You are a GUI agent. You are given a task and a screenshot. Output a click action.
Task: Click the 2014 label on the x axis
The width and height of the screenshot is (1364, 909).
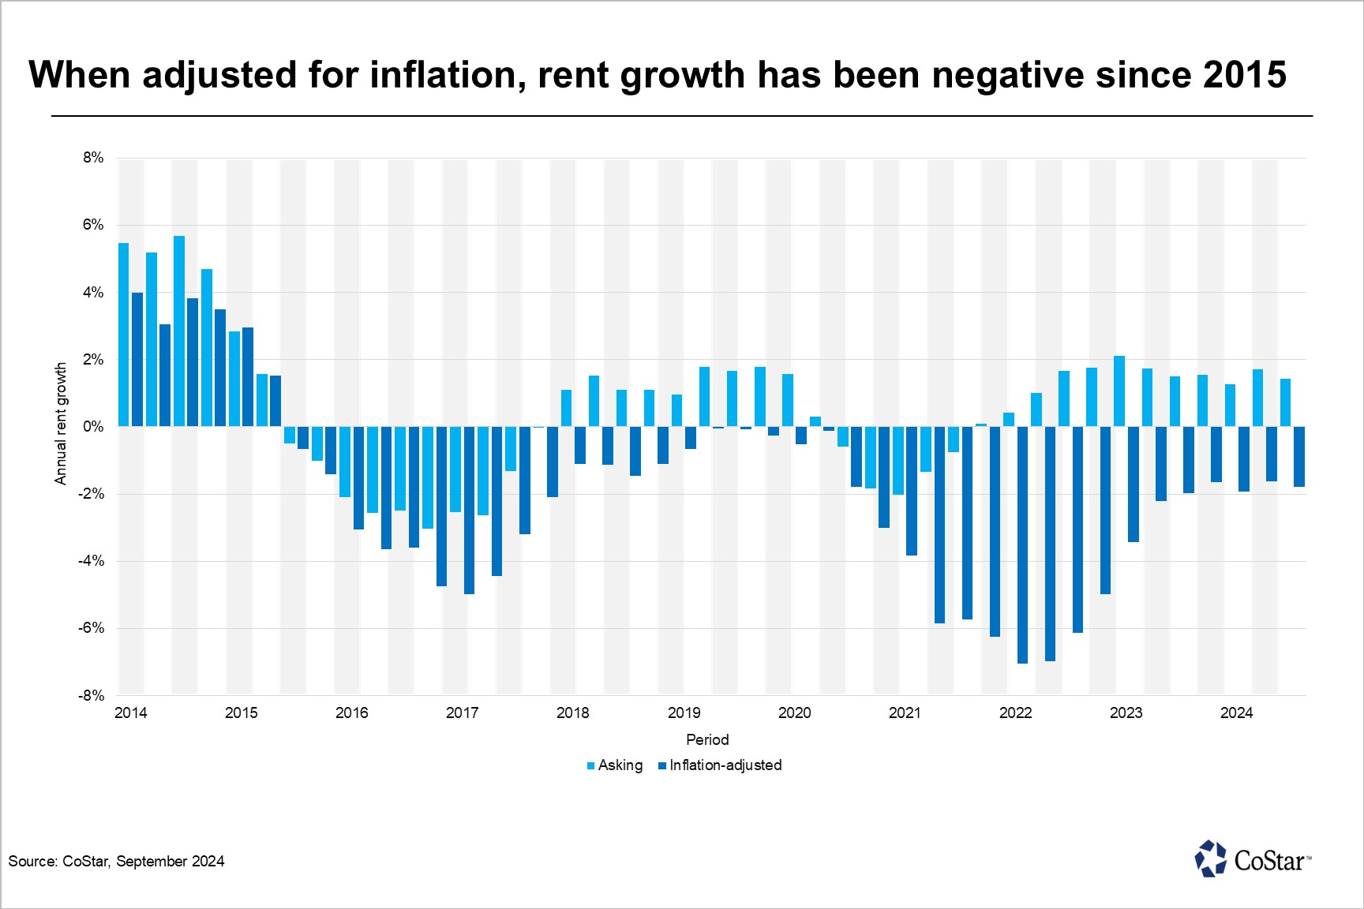point(131,713)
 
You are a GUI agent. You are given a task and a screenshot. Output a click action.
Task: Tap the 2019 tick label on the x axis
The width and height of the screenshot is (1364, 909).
point(684,713)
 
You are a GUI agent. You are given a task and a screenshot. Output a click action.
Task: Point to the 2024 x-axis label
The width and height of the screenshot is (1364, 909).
point(1236,713)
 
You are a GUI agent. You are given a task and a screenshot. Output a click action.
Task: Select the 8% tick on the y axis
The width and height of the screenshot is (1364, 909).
point(93,158)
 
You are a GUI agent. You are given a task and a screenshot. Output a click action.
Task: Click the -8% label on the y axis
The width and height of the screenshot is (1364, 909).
point(91,696)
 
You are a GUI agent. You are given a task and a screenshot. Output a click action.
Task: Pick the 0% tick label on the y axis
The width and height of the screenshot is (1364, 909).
point(93,427)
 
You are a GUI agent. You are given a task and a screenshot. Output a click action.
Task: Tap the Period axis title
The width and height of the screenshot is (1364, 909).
point(707,740)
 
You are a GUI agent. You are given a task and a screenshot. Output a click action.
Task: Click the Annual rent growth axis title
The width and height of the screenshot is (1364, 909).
point(61,424)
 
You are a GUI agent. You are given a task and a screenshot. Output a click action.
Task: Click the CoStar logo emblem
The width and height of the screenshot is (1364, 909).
point(1211,858)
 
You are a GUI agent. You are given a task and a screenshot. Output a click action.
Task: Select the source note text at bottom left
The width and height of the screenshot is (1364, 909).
point(117,862)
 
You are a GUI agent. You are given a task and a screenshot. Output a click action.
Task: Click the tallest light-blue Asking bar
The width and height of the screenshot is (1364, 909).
point(179,331)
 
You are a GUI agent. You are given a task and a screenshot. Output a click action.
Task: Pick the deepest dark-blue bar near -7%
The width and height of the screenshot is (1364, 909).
point(1022,544)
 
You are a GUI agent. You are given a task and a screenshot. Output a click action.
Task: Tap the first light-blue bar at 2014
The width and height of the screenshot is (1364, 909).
point(124,335)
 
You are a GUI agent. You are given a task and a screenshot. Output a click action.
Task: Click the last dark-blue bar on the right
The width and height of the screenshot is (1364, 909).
point(1299,457)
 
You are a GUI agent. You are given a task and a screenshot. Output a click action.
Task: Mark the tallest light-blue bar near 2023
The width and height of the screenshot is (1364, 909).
point(1119,391)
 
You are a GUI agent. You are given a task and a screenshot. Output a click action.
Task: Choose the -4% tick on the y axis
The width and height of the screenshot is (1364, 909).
point(91,561)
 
